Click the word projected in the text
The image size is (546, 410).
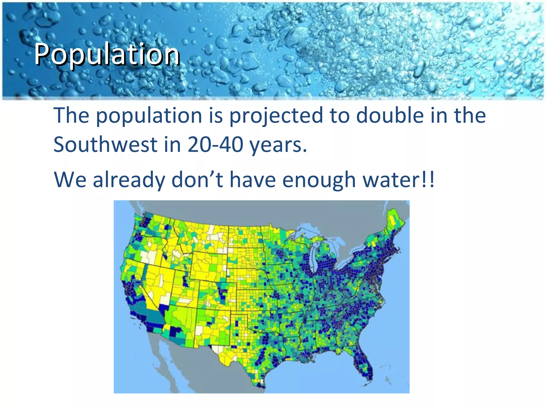point(276,116)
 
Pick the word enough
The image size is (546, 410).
point(319,180)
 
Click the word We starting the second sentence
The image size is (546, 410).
point(70,179)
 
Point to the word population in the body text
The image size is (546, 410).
point(149,116)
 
